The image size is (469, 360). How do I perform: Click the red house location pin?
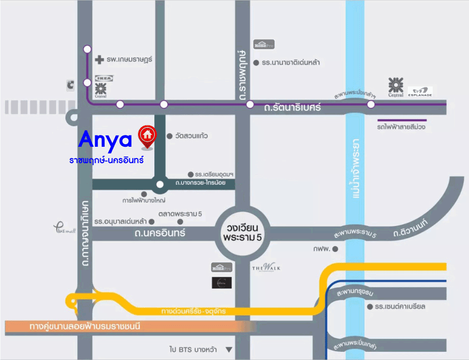[x=147, y=136]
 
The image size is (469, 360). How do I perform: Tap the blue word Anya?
[x=106, y=139]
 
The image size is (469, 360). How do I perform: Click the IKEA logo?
[x=104, y=78]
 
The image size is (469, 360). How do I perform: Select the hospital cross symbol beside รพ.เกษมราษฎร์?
[x=100, y=60]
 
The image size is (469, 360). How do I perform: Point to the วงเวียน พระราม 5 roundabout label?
[x=242, y=233]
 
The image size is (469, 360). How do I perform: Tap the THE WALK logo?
[x=266, y=268]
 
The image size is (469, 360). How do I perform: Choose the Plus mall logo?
[x=64, y=227]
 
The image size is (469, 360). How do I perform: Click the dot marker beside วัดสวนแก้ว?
[x=170, y=136]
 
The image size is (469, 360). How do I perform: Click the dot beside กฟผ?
[x=335, y=249]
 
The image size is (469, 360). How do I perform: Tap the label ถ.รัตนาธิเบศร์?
[x=292, y=108]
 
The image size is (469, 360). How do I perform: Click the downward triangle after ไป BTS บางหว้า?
[x=229, y=350]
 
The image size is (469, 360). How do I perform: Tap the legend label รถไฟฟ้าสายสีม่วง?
[x=401, y=126]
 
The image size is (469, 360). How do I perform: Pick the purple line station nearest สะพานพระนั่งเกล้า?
[x=371, y=104]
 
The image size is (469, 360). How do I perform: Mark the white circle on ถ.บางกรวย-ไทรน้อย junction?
[x=160, y=185]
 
